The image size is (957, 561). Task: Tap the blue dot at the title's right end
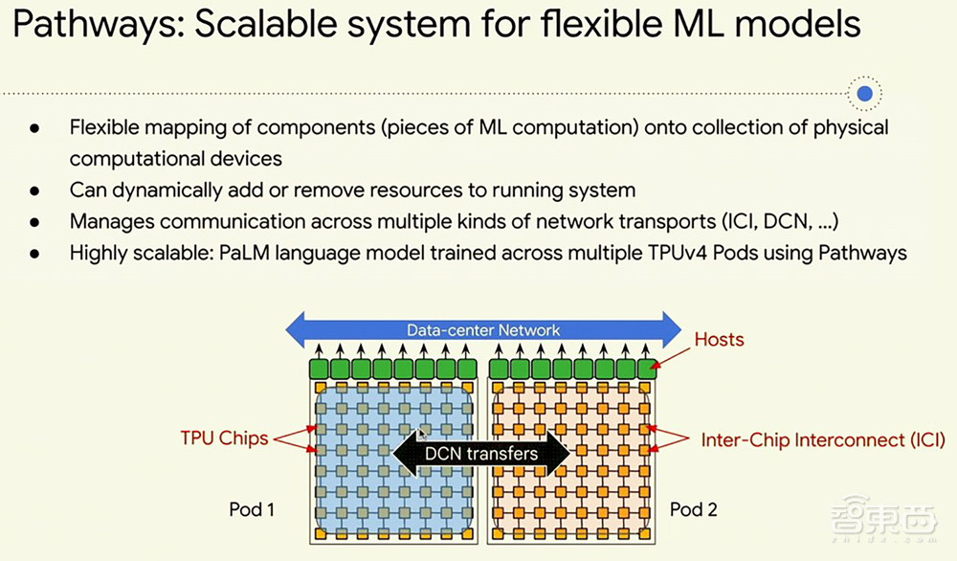coord(865,94)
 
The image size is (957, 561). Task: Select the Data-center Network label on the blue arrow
coord(483,330)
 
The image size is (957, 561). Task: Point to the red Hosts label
coord(719,339)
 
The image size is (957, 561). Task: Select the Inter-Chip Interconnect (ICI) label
coord(821,439)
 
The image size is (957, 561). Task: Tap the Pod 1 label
coord(252,509)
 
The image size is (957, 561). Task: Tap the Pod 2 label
coord(693,509)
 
